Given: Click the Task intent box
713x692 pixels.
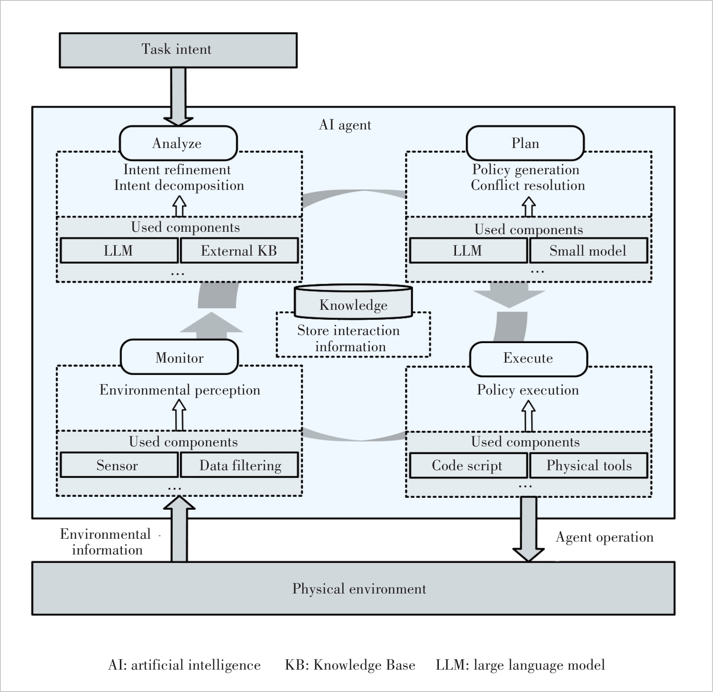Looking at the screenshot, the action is (x=178, y=50).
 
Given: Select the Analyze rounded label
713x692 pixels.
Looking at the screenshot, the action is (x=178, y=143).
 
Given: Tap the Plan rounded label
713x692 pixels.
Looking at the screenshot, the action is (x=525, y=143).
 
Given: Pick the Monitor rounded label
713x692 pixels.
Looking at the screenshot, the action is (x=179, y=357).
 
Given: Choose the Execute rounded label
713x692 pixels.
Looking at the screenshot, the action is (x=528, y=359).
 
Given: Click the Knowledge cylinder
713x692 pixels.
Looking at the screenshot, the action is (x=353, y=302).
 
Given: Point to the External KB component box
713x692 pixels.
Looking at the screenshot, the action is (x=239, y=251).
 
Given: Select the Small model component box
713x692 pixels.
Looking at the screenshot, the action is (x=588, y=251).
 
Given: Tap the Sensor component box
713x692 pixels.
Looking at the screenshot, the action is (x=119, y=465).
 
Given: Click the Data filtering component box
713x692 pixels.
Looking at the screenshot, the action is (x=239, y=465).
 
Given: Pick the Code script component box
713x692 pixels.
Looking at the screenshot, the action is (x=468, y=465).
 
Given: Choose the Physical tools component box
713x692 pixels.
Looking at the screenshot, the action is (x=588, y=465).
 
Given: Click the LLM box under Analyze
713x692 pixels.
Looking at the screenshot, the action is (x=119, y=251).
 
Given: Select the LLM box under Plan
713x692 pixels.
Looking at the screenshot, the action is (x=468, y=251).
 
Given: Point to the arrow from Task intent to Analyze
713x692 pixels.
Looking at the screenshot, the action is (x=178, y=97).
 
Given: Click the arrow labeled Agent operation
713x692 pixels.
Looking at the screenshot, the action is (x=528, y=529).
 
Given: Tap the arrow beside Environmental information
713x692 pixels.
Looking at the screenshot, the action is (x=179, y=529).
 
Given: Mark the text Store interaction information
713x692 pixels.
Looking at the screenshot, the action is (x=349, y=338).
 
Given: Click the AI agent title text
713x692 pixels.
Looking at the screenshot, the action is (x=345, y=125).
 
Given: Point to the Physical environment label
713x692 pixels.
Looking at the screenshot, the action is (x=359, y=589).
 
